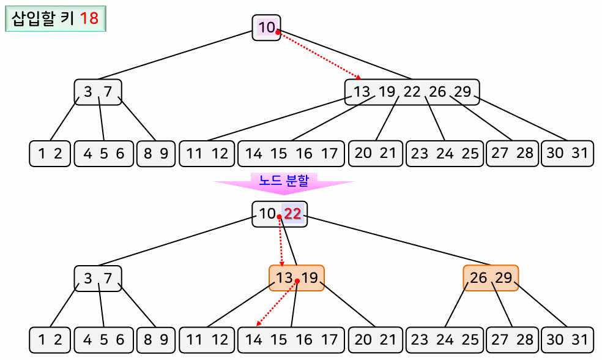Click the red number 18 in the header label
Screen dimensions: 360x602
89,18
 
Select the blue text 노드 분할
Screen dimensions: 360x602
284,181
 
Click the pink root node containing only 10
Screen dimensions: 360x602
266,28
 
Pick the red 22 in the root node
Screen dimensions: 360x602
293,214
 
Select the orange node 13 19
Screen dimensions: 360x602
297,278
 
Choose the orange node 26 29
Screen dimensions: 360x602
491,278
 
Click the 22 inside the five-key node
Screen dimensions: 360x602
412,92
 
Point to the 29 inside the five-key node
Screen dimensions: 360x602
463,92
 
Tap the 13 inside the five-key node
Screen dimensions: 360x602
362,92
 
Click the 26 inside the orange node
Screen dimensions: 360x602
478,278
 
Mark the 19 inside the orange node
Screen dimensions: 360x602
310,278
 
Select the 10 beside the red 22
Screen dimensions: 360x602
267,214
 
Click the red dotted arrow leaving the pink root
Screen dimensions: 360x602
318,55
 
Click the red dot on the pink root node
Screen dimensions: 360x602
278,32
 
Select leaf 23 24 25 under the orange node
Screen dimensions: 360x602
444,339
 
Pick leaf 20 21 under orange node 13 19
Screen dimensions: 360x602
376,339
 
